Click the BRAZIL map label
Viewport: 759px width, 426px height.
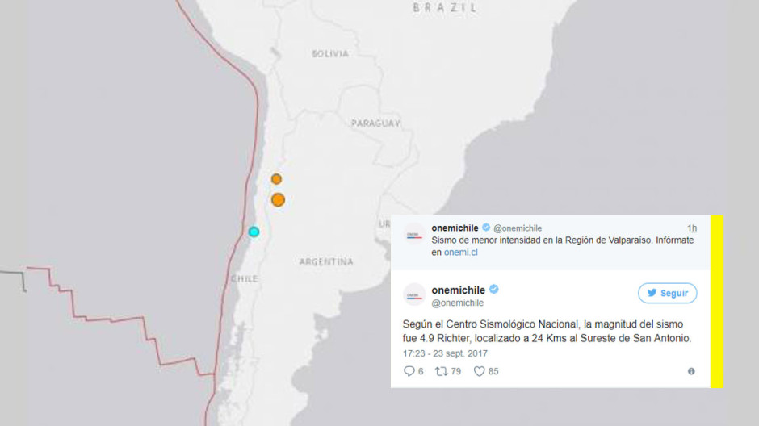445,7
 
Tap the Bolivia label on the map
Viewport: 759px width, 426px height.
330,54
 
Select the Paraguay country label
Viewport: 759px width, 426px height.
375,123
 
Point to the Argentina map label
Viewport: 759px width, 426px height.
326,262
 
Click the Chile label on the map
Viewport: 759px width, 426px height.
244,278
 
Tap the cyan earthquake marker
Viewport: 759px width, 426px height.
254,232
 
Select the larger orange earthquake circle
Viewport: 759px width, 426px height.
278,199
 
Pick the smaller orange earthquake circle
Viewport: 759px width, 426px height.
276,179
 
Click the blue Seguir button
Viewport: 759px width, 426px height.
667,293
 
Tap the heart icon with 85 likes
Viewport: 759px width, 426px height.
479,371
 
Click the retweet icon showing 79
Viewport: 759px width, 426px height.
441,371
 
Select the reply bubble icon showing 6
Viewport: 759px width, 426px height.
409,371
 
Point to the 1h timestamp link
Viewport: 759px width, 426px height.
691,228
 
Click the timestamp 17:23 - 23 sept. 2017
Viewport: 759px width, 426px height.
445,353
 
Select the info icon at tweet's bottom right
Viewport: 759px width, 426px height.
691,371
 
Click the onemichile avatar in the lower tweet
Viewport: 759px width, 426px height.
413,294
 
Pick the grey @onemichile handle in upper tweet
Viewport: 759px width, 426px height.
518,228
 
